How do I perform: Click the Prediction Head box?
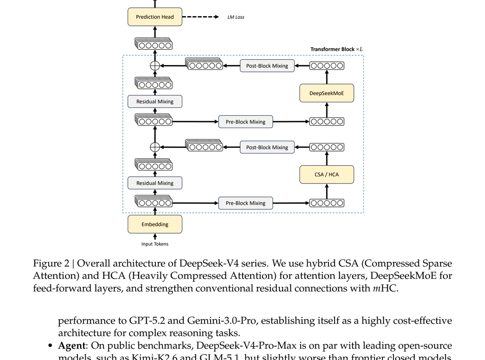(155, 17)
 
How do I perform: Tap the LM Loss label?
(236, 17)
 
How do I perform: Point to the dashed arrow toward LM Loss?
(200, 17)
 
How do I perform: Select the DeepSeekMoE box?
(327, 93)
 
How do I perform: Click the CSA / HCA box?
(327, 175)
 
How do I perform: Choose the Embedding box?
(155, 224)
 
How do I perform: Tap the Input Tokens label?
(155, 244)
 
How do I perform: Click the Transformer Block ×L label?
(336, 49)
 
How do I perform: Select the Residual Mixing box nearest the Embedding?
(155, 183)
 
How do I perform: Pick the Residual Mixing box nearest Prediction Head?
(155, 101)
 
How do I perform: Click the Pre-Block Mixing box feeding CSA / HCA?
(245, 203)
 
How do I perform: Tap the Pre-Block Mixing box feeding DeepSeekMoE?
(245, 122)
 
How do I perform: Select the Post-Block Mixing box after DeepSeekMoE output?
(267, 66)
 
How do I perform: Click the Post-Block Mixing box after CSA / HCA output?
(267, 147)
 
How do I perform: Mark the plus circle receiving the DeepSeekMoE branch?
(155, 66)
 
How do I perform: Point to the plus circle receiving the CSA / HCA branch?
(155, 147)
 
